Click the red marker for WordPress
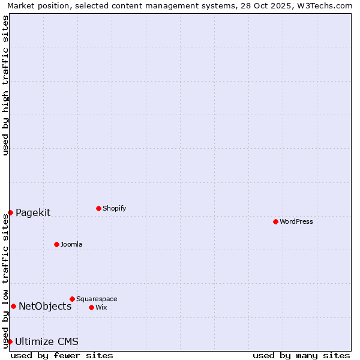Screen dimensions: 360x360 pos(275,221)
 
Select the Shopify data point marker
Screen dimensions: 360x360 pos(98,208)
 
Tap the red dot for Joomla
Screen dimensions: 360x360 pos(56,244)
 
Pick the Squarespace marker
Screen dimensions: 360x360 pos(72,299)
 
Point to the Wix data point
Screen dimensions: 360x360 pos(91,307)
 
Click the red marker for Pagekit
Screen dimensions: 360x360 pos(10,212)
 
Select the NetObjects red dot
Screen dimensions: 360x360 pos(13,306)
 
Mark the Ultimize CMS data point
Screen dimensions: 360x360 pos(10,341)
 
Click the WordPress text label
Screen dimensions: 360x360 pos(296,221)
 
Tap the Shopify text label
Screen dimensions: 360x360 pos(114,208)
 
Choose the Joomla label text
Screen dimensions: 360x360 pos(71,244)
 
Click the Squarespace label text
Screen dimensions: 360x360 pos(97,299)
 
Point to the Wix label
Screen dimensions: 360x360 pos(101,307)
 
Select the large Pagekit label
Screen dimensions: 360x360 pos(33,212)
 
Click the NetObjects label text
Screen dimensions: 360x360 pos(45,306)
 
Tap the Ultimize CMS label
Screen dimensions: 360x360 pos(47,341)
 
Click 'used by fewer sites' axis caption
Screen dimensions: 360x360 pos(62,355)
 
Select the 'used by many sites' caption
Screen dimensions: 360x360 pos(301,355)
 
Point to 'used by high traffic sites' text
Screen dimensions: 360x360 pos(5,86)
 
